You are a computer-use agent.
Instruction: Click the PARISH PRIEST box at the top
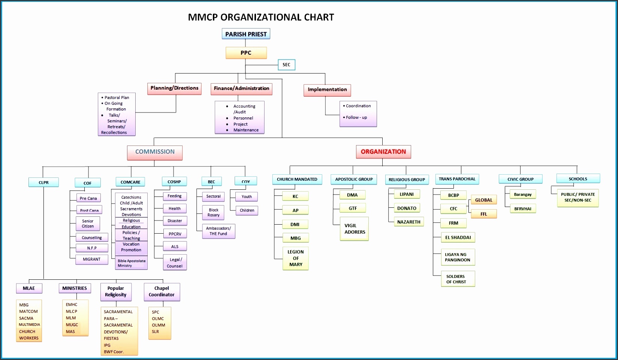tap(246, 34)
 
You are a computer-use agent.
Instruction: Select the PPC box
tap(246, 53)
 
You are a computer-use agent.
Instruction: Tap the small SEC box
tap(286, 65)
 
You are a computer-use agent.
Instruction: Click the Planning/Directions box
tap(175, 88)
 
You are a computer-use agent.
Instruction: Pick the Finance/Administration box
tap(241, 88)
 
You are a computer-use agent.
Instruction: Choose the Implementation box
tap(327, 90)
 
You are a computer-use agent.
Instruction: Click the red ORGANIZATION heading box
tap(383, 152)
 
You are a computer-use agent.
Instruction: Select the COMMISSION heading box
tap(155, 152)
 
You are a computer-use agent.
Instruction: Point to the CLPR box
tap(43, 183)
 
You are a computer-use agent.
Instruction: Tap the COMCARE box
tap(130, 182)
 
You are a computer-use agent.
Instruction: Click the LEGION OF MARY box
tap(296, 258)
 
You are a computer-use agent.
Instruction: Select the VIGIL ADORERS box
tap(355, 229)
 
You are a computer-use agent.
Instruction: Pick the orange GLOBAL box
tap(483, 200)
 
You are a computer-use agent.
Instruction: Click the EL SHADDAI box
tap(458, 237)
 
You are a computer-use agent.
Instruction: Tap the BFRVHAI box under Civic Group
tap(522, 209)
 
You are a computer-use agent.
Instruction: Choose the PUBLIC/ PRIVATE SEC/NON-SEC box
tap(578, 197)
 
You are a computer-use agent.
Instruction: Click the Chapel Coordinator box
tap(162, 292)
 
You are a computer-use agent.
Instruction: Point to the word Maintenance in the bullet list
tap(246, 130)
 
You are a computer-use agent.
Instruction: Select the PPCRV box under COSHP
tap(175, 234)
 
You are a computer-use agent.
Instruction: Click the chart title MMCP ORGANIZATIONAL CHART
tap(261, 17)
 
